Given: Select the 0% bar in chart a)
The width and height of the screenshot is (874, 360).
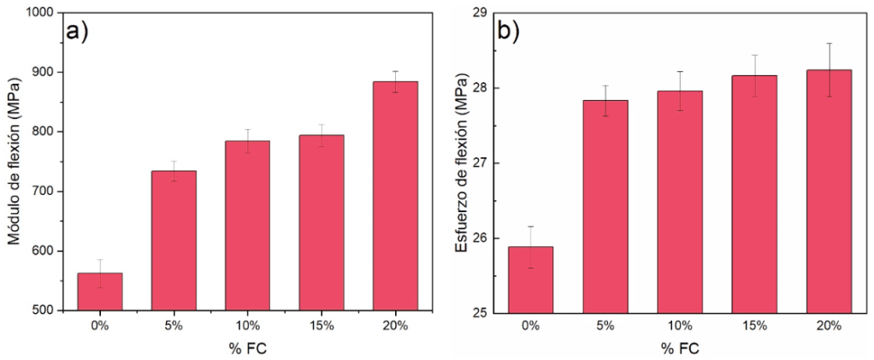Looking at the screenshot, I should [x=100, y=291].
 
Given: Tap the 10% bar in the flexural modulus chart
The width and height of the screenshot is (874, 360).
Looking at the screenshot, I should [x=247, y=225].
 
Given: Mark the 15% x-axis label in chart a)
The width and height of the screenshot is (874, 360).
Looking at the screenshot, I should [x=322, y=326].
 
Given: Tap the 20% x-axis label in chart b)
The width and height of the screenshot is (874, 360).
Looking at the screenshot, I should [x=829, y=326].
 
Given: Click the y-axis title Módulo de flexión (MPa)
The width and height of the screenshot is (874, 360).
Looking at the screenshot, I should [x=14, y=162].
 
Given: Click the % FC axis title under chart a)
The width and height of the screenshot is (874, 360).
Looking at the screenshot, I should [x=247, y=349].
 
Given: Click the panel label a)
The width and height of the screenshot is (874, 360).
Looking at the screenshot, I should [x=78, y=32].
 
